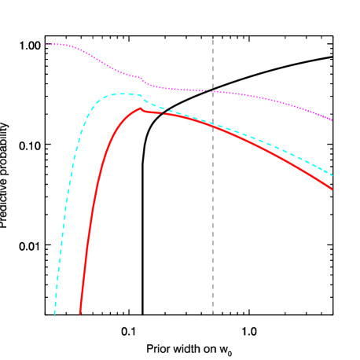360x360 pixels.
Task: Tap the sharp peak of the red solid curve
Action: (140, 108)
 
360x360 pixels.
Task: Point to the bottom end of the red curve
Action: (80, 314)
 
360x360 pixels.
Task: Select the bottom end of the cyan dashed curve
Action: (55, 314)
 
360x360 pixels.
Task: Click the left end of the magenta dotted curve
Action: (46, 44)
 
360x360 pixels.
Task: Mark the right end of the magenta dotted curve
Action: (332, 120)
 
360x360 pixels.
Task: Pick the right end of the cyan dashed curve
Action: (332, 175)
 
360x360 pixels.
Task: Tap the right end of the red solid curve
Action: (332, 189)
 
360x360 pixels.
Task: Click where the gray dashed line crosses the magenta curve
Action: (212, 91)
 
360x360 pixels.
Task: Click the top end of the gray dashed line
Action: (212, 39)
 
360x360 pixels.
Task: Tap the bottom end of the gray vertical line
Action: (212, 314)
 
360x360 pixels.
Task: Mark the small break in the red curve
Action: (162, 113)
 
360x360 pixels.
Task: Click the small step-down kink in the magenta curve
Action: (143, 79)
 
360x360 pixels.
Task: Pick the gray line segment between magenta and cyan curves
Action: (212, 107)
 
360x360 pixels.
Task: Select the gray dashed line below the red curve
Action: (212, 220)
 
